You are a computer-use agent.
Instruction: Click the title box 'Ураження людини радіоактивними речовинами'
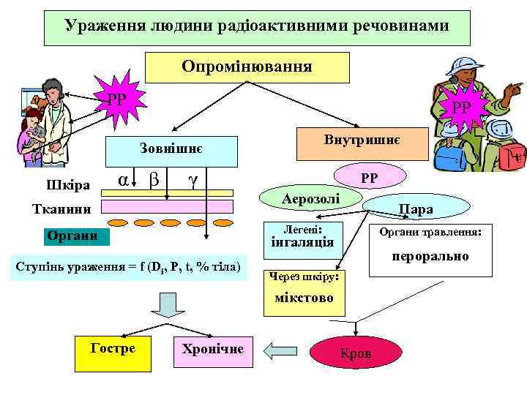256,26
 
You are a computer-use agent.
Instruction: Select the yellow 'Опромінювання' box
247,67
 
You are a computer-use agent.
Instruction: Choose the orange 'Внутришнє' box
361,141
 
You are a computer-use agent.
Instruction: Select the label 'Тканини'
61,209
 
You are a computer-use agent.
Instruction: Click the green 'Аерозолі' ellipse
311,198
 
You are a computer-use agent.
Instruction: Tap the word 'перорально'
430,257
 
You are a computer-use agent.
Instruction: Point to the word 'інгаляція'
302,243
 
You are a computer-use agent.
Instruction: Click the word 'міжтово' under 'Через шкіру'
303,298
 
